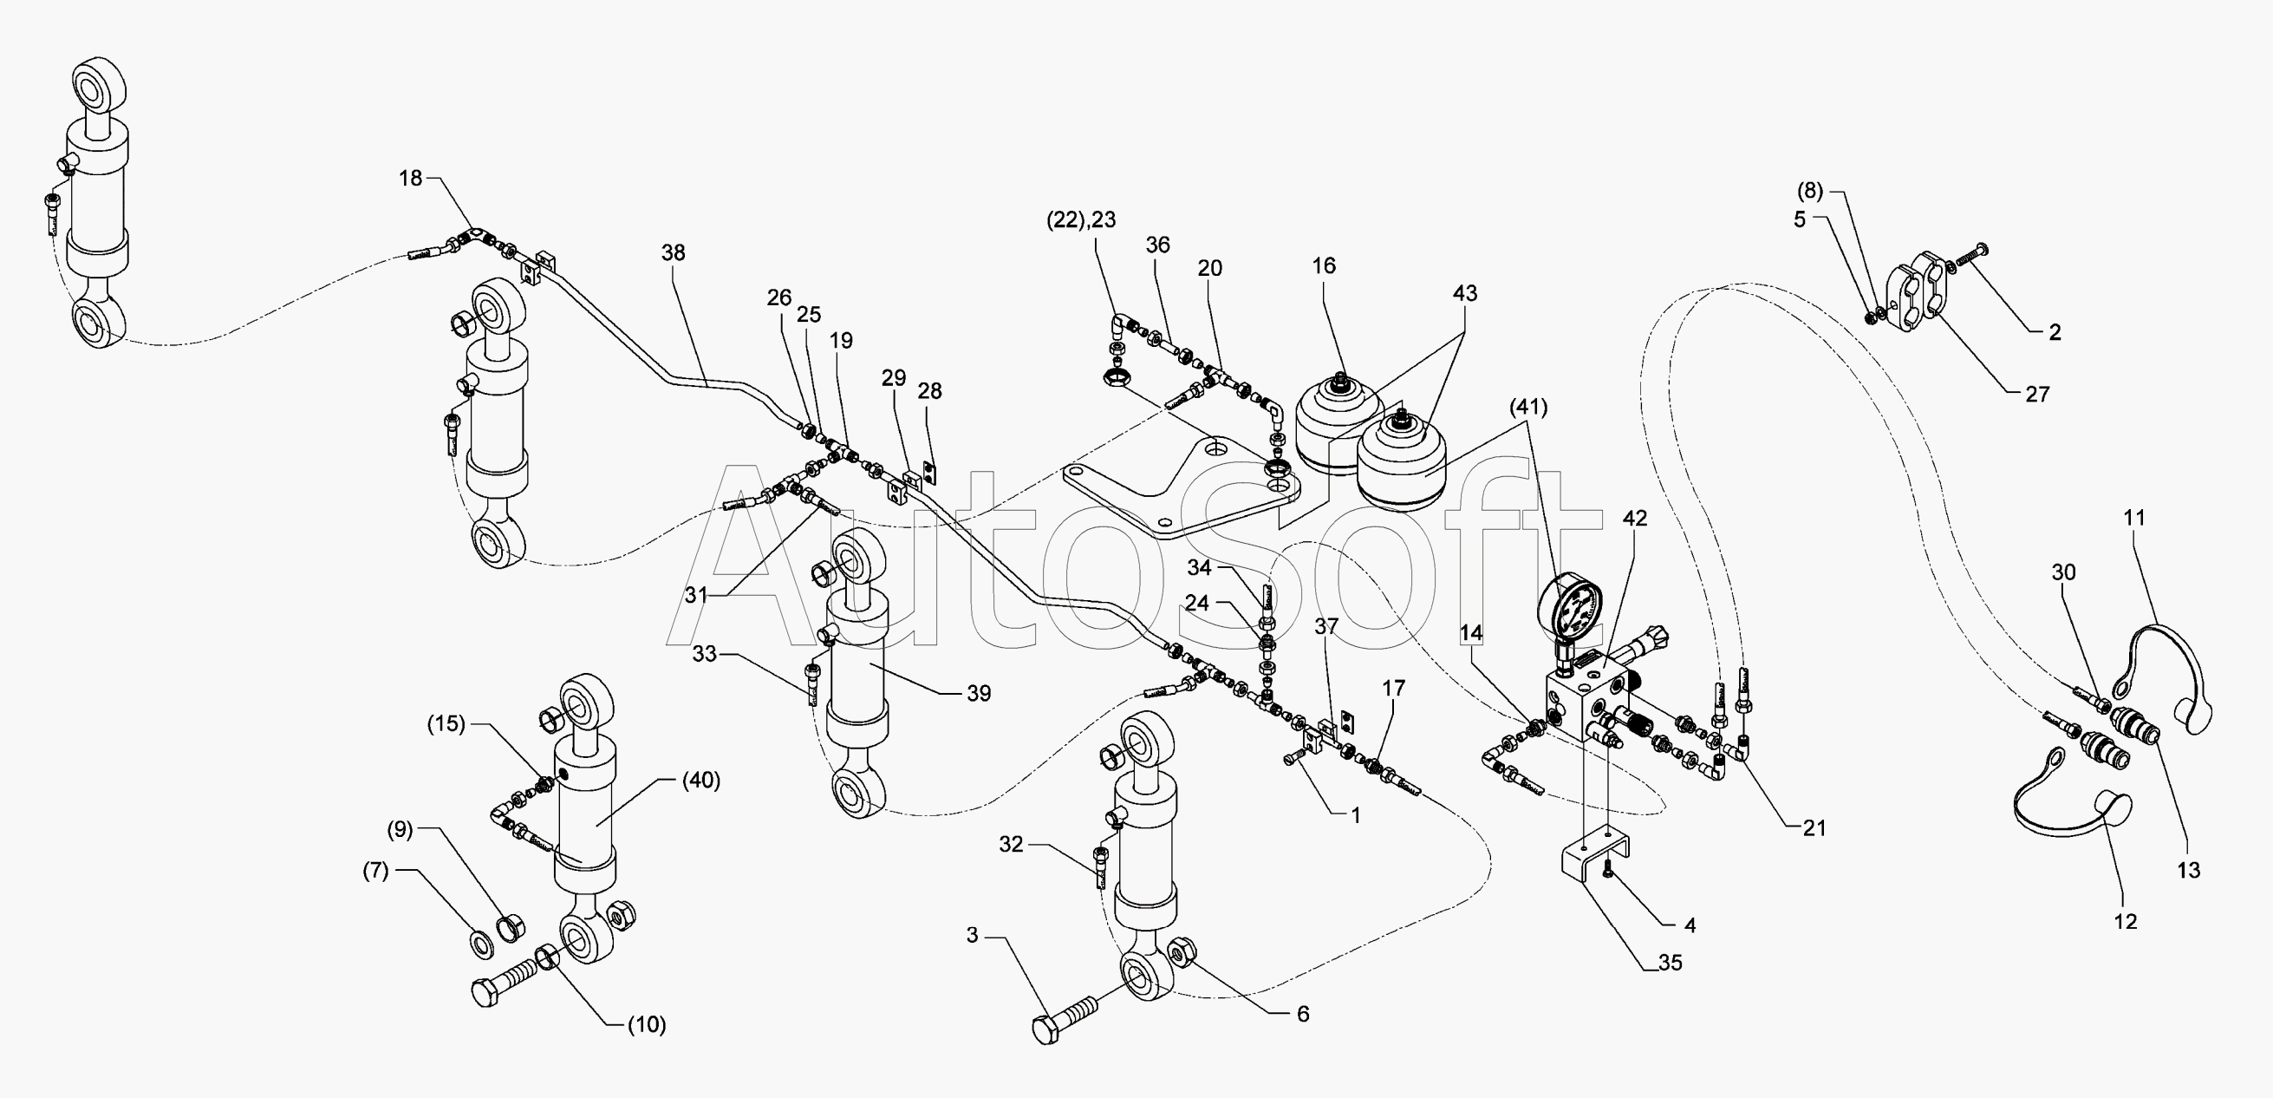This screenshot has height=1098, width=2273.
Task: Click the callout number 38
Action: (x=674, y=253)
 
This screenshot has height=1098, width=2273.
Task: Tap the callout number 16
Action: (x=1324, y=265)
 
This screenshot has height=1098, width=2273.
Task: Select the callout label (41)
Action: (x=1528, y=407)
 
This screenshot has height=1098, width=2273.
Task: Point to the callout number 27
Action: (x=2036, y=395)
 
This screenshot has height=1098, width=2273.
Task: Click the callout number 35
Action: (x=1671, y=963)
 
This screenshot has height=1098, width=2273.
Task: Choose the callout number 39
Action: (x=979, y=694)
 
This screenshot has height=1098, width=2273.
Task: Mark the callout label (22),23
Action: (x=1081, y=220)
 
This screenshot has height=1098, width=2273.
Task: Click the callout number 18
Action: (x=410, y=179)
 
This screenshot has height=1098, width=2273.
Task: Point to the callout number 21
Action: (x=1814, y=828)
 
